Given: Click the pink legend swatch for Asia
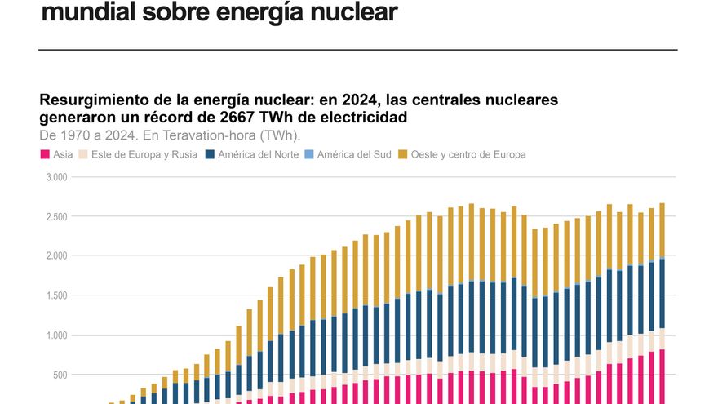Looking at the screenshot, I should click(44, 154).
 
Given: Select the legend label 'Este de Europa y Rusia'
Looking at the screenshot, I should click(144, 154).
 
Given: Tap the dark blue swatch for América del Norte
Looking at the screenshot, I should click(210, 154).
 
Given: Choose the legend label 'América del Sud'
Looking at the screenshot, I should click(353, 154).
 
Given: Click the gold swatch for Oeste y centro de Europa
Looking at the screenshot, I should click(402, 154).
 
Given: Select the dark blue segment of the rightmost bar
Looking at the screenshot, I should click(662, 294).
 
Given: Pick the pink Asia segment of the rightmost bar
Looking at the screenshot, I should click(662, 375).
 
